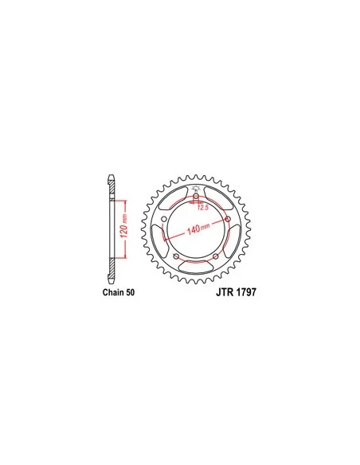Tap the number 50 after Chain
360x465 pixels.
point(130,292)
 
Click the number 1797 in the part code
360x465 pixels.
point(246,292)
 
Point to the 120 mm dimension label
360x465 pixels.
point(124,225)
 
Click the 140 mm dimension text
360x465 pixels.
point(198,229)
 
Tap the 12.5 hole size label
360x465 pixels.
point(203,207)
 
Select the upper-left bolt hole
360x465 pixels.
point(164,219)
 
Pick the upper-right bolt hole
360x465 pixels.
point(228,219)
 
